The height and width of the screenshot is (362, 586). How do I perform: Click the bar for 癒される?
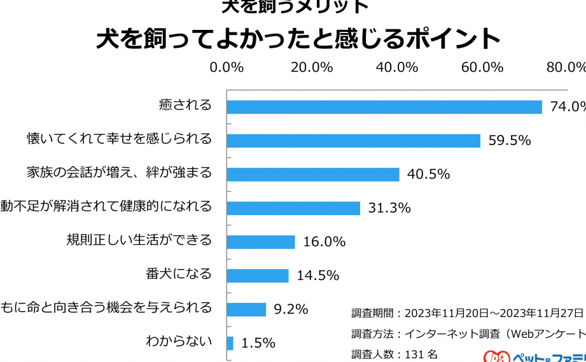point(384,106)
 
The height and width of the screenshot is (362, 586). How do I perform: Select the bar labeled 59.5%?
point(353,140)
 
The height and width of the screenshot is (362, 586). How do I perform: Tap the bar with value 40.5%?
point(313,174)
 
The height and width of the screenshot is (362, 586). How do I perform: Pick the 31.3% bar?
point(293,207)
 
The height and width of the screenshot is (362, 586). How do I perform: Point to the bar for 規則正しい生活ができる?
point(261,242)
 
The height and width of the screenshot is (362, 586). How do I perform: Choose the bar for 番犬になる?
point(258,275)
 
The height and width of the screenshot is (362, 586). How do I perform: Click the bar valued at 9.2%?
point(246,309)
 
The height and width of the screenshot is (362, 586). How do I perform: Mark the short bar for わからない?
point(230,343)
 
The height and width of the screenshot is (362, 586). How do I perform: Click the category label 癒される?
point(185,105)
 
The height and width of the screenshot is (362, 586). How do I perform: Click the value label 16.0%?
point(324,242)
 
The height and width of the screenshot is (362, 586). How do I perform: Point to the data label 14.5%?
point(318,275)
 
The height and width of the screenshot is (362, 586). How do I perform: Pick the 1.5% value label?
point(258,343)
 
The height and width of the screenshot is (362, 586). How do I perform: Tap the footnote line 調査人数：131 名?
point(394,354)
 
